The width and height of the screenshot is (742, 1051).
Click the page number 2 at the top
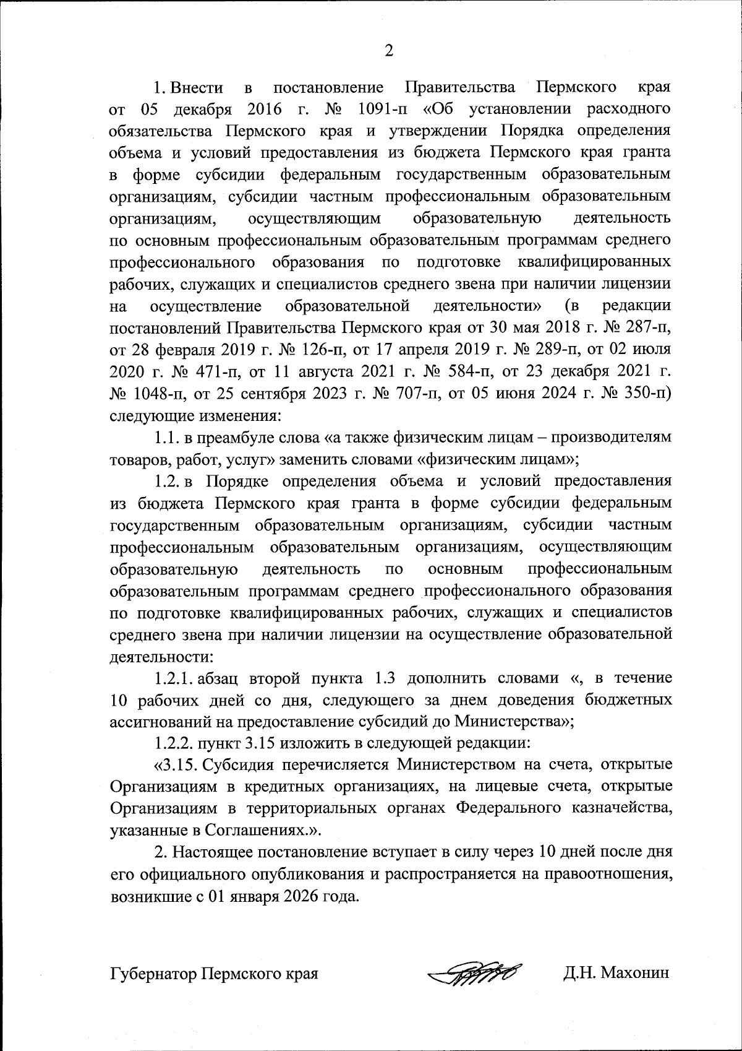pos(389,51)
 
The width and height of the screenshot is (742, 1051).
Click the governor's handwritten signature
pos(475,974)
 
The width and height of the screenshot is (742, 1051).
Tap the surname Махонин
pos(633,974)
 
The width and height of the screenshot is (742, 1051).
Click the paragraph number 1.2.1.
pos(175,678)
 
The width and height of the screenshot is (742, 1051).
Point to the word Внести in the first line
pos(197,87)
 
